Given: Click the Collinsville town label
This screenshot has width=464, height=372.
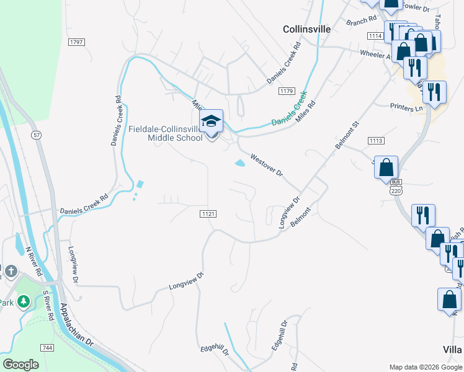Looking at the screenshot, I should click(306, 29).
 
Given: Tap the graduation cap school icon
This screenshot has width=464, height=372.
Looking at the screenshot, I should click(211, 121).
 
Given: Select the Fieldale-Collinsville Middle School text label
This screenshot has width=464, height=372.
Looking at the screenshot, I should click(166, 133).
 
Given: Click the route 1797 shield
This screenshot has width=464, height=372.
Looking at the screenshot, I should click(77, 42).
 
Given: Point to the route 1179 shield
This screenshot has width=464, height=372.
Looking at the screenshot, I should click(286, 91).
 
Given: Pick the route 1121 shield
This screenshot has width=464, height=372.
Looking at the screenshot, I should click(208, 213).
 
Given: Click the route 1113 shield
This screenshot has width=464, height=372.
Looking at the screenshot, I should click(375, 141).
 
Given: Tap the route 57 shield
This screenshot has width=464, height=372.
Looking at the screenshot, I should click(37, 135).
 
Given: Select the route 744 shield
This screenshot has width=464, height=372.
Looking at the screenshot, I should click(47, 348).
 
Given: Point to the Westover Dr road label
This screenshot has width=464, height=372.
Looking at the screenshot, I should click(267, 165).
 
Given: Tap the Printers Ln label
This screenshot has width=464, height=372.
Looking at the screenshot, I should click(406, 108).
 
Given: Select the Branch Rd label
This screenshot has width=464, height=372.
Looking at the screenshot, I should click(362, 20).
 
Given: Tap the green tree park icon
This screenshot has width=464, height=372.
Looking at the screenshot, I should click(24, 301).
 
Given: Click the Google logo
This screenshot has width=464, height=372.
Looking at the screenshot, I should click(20, 365).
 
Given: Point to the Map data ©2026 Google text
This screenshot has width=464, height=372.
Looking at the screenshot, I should click(426, 367).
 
